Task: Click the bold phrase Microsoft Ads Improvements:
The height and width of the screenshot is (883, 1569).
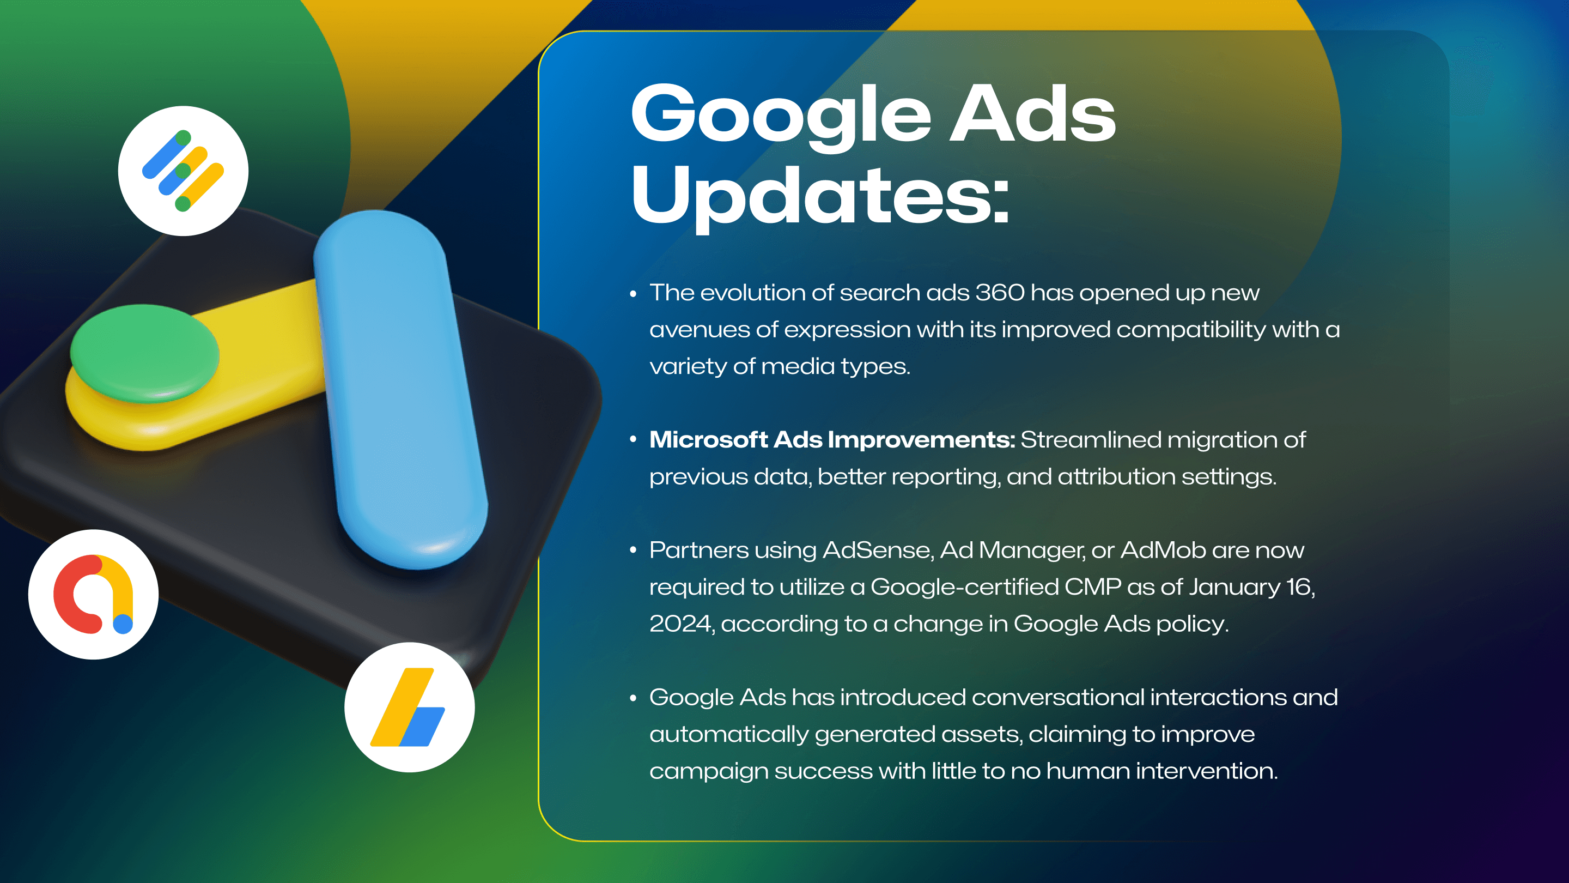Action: [x=832, y=439]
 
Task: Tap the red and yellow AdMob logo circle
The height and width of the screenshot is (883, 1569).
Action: [x=93, y=594]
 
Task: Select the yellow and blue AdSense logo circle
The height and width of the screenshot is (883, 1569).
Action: [x=409, y=707]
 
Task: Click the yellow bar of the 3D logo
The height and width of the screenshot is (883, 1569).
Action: [x=262, y=366]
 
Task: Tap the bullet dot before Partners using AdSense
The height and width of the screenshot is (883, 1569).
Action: [x=634, y=551]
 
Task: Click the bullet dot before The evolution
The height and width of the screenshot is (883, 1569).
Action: [x=634, y=294]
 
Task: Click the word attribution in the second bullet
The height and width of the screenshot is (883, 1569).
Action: [x=1116, y=476]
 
